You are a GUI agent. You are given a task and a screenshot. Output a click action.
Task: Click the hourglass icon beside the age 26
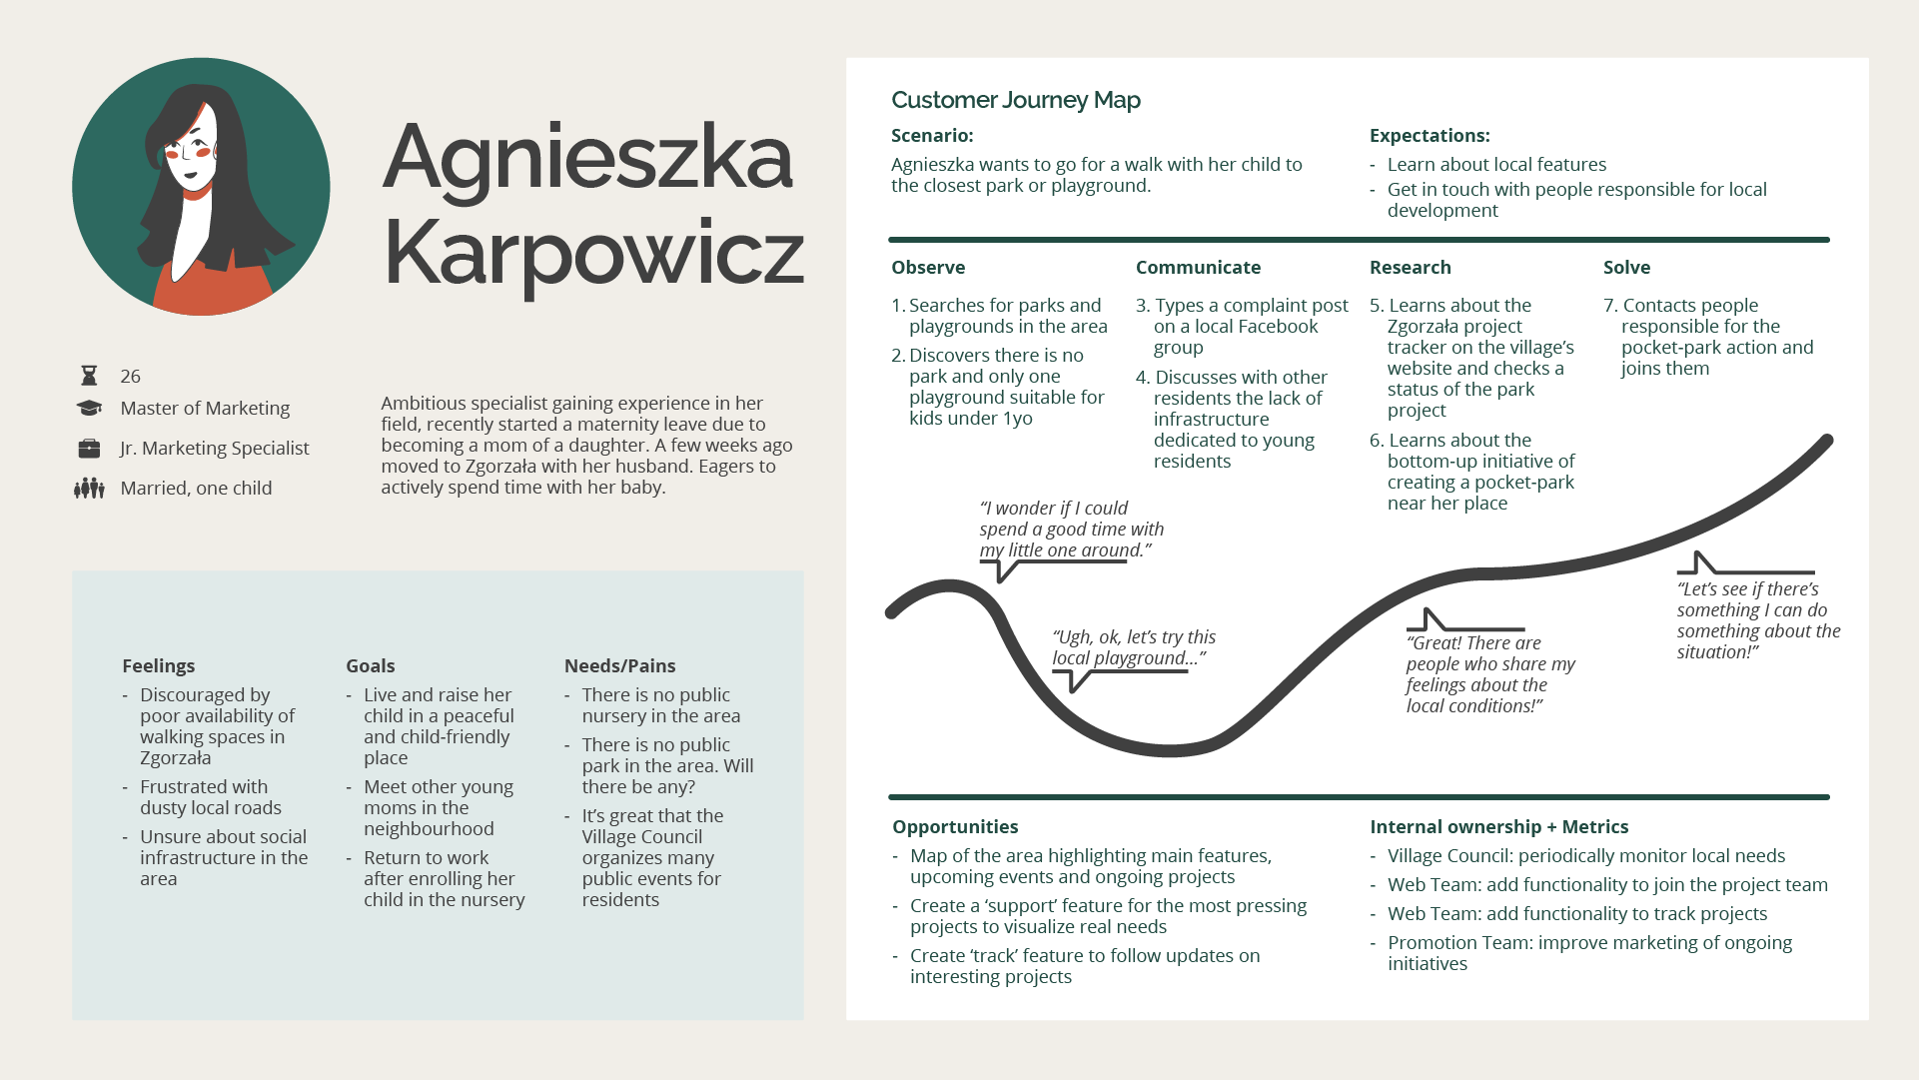pyautogui.click(x=89, y=376)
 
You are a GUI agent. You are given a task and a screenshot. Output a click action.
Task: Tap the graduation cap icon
pyautogui.click(x=89, y=408)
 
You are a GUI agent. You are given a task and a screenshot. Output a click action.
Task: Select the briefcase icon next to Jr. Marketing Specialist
pyautogui.click(x=89, y=449)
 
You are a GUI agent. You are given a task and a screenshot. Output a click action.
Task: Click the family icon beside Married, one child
pyautogui.click(x=89, y=489)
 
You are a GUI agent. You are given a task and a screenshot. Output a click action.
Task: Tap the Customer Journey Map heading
pyautogui.click(x=1015, y=100)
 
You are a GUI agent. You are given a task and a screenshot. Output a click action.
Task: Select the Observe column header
pyautogui.click(x=928, y=268)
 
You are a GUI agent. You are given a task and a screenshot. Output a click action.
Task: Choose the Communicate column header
pyautogui.click(x=1198, y=268)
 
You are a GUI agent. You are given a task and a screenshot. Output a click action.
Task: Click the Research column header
pyautogui.click(x=1410, y=268)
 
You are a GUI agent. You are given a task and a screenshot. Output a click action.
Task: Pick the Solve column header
pyautogui.click(x=1626, y=268)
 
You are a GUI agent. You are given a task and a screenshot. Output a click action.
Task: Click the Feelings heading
pyautogui.click(x=158, y=666)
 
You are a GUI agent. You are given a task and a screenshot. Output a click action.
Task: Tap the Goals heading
pyautogui.click(x=370, y=666)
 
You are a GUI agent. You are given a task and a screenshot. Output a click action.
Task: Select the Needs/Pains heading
pyautogui.click(x=619, y=666)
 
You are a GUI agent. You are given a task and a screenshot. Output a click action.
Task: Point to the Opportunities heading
pyautogui.click(x=955, y=827)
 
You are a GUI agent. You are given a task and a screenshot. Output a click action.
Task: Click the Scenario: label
pyautogui.click(x=931, y=136)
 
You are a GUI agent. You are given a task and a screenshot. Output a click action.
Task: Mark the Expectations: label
pyautogui.click(x=1429, y=136)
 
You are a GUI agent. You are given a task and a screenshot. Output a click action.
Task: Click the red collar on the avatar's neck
pyautogui.click(x=197, y=192)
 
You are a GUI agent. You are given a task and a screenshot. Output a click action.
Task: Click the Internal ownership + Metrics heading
pyautogui.click(x=1498, y=827)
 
